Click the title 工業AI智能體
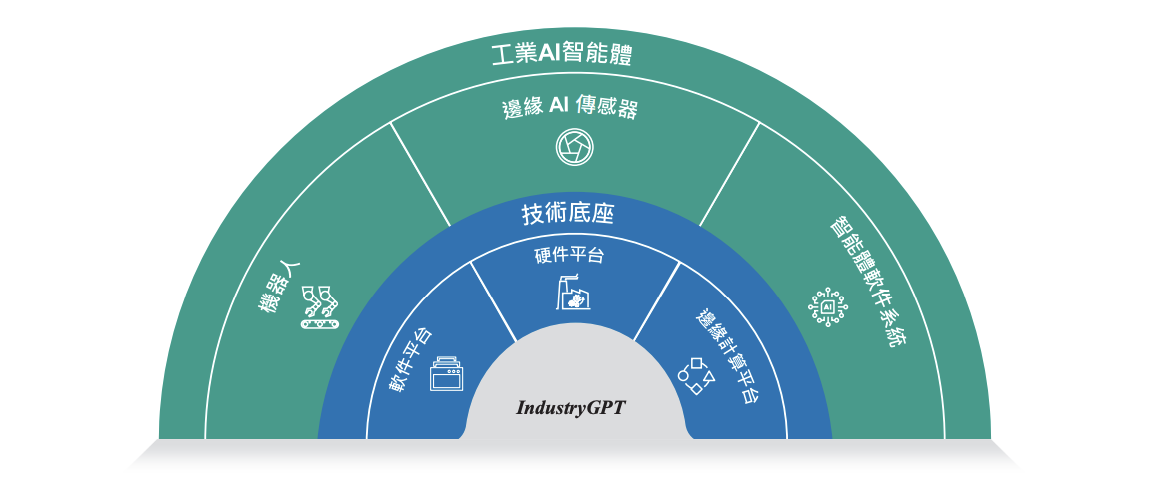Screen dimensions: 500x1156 [564, 54]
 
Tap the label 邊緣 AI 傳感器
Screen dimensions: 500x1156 [569, 108]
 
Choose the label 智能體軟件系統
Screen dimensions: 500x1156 [860, 282]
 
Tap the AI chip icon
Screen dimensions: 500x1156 [827, 308]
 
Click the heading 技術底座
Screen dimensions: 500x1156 [567, 214]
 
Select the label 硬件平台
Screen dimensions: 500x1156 [570, 256]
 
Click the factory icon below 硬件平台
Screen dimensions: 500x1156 [573, 292]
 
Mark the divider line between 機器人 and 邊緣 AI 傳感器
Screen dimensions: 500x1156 [420, 173]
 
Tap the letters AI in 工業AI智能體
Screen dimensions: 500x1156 [547, 54]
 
